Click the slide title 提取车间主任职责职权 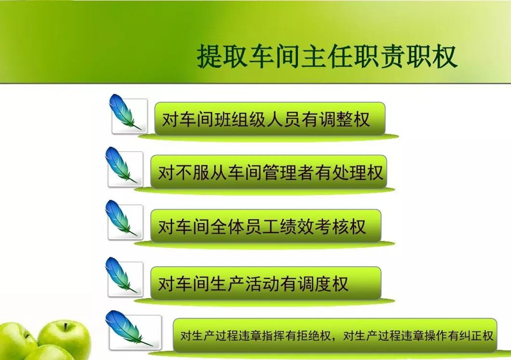pos(327,56)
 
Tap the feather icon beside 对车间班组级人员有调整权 pos(124,112)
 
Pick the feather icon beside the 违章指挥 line pos(128,328)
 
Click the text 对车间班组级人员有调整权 pos(266,119)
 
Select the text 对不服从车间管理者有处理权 pos(271,173)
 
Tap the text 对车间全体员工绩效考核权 pos(262,226)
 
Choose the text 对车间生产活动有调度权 pos(253,284)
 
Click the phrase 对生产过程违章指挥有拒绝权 pos(255,336)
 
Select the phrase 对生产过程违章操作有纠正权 pos(418,336)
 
